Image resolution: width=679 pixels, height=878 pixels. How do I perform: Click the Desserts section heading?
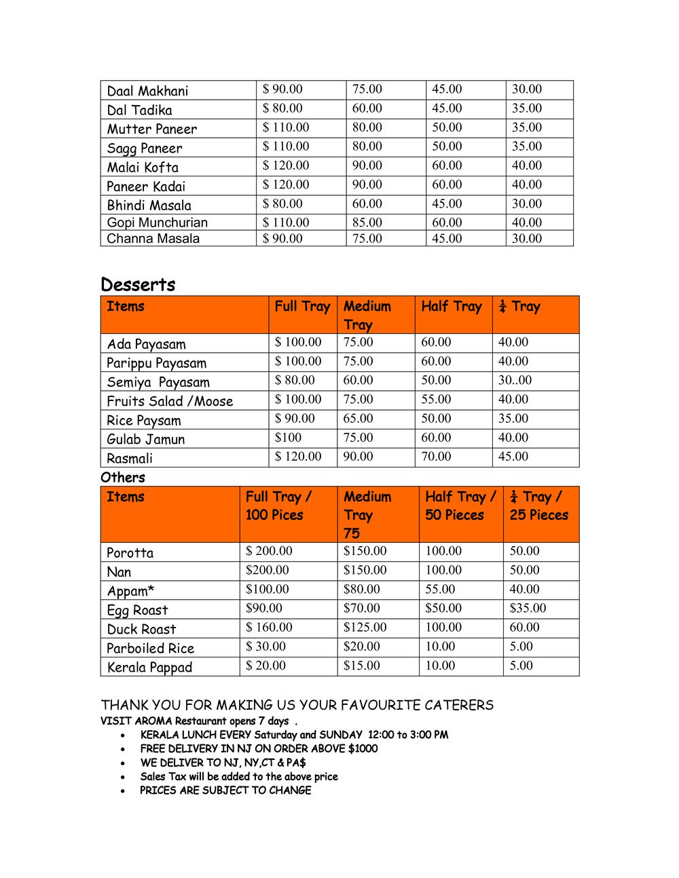pyautogui.click(x=138, y=284)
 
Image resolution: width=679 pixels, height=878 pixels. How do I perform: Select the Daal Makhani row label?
pyautogui.click(x=147, y=91)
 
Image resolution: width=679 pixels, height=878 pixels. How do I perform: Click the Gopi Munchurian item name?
pyautogui.click(x=157, y=223)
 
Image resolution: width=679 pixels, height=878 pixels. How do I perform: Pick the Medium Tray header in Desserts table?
pyautogui.click(x=367, y=315)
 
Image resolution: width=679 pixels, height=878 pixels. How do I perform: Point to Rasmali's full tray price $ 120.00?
pyautogui.click(x=298, y=457)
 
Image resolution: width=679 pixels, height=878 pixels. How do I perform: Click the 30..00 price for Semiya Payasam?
pyautogui.click(x=515, y=381)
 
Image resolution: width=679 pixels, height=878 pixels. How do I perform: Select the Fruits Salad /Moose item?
pyautogui.click(x=170, y=401)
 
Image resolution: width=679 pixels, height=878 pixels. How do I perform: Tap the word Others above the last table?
pyautogui.click(x=123, y=477)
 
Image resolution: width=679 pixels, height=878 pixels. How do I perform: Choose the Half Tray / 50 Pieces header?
pyautogui.click(x=460, y=505)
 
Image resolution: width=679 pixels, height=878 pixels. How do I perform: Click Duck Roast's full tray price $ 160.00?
pyautogui.click(x=269, y=628)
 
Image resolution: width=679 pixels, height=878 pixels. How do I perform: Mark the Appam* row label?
pyautogui.click(x=130, y=590)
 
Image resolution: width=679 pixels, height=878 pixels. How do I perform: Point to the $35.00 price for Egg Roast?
pyautogui.click(x=528, y=609)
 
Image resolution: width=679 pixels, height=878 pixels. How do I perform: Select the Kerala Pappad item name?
pyautogui.click(x=149, y=667)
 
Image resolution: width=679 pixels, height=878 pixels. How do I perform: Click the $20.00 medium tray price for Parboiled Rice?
pyautogui.click(x=361, y=647)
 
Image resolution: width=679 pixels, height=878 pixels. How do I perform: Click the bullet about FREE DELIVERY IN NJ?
pyautogui.click(x=259, y=749)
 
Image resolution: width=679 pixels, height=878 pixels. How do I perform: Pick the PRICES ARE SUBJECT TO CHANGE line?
pyautogui.click(x=225, y=790)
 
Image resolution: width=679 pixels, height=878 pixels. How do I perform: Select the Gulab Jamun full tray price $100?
pyautogui.click(x=288, y=438)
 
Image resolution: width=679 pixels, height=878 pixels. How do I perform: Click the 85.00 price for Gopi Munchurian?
pyautogui.click(x=367, y=223)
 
